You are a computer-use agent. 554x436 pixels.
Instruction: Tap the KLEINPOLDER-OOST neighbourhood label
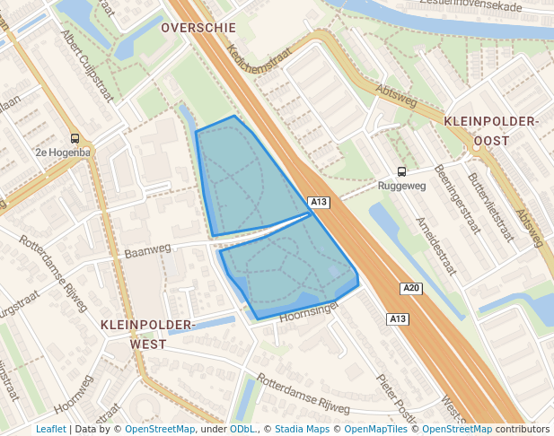tap(490, 131)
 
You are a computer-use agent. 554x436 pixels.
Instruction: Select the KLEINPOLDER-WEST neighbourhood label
tap(147, 333)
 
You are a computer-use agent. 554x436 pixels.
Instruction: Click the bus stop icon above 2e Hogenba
tap(75, 139)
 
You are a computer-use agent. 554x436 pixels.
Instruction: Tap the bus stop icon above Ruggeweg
tap(401, 171)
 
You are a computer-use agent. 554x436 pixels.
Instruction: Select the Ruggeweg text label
tap(401, 187)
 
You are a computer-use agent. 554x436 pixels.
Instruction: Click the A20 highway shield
tap(410, 288)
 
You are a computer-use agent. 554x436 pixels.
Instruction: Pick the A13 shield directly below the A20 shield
tap(398, 319)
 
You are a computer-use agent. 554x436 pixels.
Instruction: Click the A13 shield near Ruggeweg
tap(319, 202)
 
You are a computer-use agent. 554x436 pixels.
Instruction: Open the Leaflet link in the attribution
tap(50, 429)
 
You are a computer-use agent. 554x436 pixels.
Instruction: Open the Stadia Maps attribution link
tap(301, 429)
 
